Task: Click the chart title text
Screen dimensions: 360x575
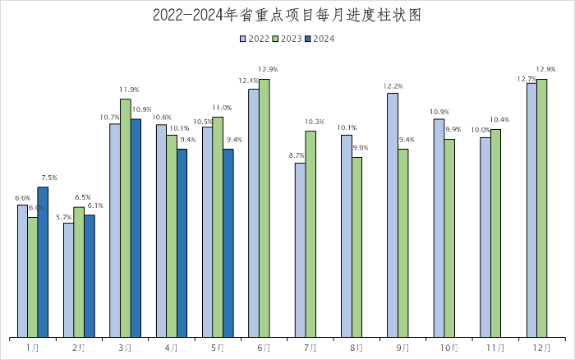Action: point(287,16)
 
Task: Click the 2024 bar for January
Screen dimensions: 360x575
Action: point(43,261)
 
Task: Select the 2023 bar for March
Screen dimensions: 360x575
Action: point(125,218)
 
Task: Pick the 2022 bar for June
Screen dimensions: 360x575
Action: point(254,213)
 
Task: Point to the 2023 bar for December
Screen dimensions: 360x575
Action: point(542,208)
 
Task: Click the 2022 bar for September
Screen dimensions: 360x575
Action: point(393,215)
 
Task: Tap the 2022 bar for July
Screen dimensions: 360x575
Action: point(300,250)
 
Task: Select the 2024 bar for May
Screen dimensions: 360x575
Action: point(228,242)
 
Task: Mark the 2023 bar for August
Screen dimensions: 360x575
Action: point(356,247)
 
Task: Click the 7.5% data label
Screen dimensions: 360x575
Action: point(48,178)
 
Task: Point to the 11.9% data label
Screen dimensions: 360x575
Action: point(129,90)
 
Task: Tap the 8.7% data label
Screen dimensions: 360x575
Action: point(297,155)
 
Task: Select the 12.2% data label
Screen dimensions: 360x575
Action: point(393,85)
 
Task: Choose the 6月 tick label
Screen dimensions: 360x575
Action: point(264,348)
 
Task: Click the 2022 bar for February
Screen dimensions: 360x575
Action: point(68,279)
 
